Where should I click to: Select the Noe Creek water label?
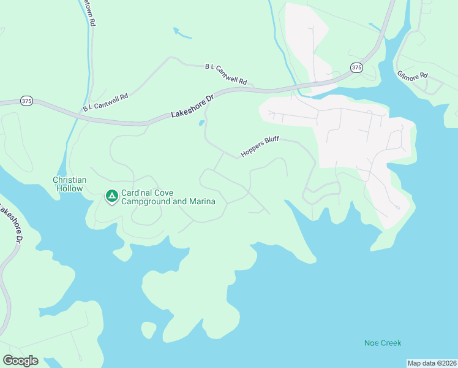(383, 343)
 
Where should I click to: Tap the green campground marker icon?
(111, 196)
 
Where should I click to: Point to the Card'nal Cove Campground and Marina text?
(168, 197)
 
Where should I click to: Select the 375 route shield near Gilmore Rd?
(357, 67)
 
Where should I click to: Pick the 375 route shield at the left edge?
(26, 100)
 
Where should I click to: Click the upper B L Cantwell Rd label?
(225, 73)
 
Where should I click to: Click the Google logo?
(20, 361)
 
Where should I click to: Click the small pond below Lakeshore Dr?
(201, 123)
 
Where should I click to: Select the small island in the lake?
(148, 329)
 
